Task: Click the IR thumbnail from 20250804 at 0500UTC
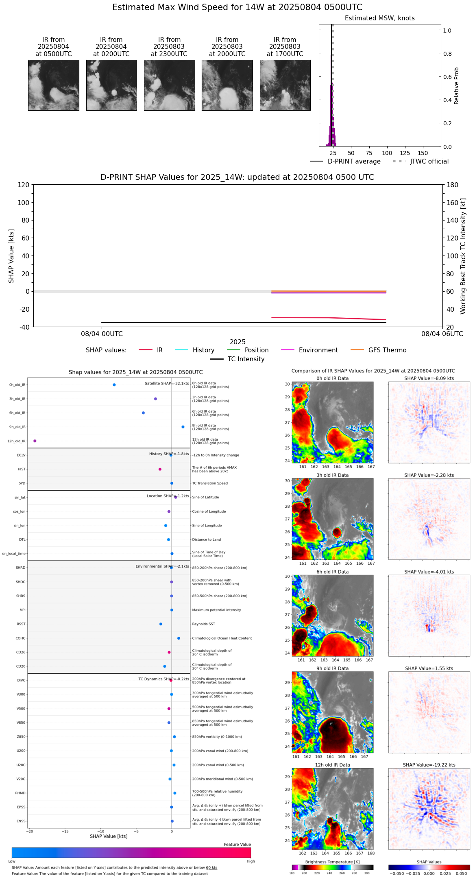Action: click(x=53, y=85)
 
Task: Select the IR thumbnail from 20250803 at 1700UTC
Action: click(x=285, y=85)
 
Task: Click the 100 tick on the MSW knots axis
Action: click(x=387, y=153)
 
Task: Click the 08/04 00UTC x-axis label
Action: click(x=102, y=334)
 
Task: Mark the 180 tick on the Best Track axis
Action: click(x=453, y=185)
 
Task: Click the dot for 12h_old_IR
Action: click(x=35, y=441)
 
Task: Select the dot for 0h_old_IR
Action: click(x=114, y=385)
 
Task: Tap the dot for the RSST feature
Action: click(x=161, y=624)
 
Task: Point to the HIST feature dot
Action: click(x=160, y=469)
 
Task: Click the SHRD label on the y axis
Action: click(x=20, y=568)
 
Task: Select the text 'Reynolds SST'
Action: click(x=203, y=624)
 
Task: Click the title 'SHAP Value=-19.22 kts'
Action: click(x=429, y=765)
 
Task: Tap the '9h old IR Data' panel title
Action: click(x=332, y=668)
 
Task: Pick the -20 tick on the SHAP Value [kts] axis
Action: click(x=30, y=832)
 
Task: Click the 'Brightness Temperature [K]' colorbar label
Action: click(x=332, y=862)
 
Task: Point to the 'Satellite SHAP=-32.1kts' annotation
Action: click(x=167, y=384)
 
